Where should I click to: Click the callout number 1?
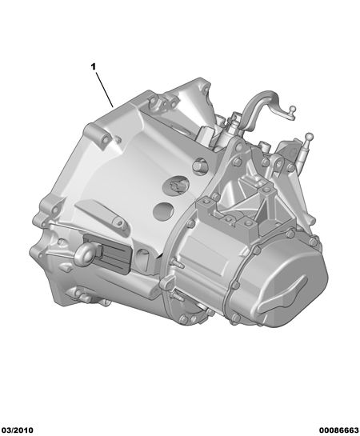coord(93,66)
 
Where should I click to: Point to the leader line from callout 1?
coord(105,90)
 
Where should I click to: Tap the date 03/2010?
coord(17,430)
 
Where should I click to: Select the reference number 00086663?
coord(338,430)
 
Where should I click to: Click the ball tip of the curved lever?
coord(293,109)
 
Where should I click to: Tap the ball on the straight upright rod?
coord(310,137)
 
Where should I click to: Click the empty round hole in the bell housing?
coord(163,210)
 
